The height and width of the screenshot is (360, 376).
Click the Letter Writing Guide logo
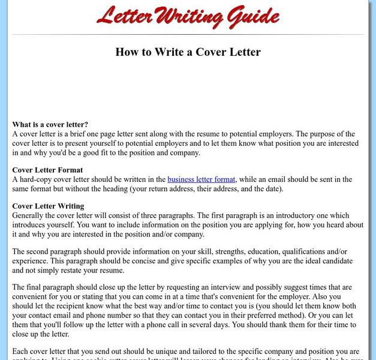click(x=188, y=17)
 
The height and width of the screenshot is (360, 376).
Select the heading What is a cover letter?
click(x=50, y=124)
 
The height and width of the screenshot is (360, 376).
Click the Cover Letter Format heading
click(x=47, y=170)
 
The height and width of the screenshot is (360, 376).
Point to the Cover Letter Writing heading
click(x=48, y=206)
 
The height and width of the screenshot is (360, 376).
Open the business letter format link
click(x=201, y=179)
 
